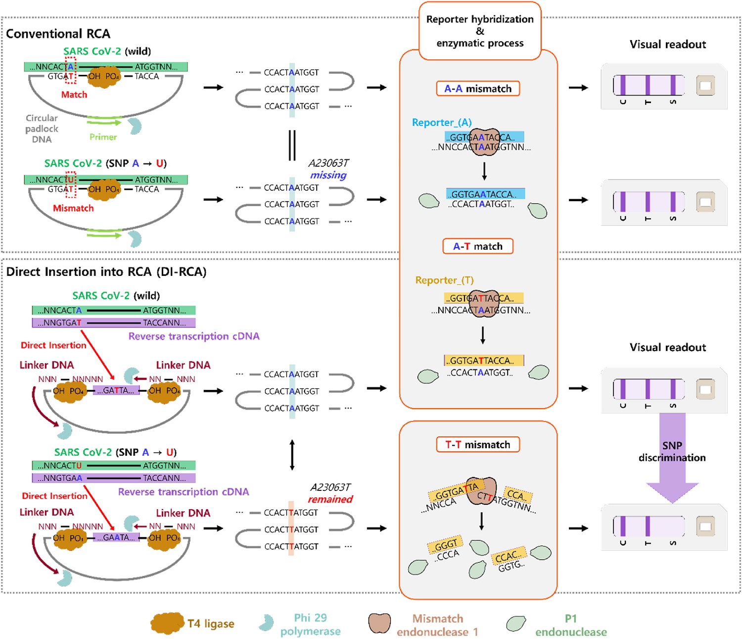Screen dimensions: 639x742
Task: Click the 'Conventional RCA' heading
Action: (x=58, y=34)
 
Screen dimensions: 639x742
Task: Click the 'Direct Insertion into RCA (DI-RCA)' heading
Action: (x=106, y=271)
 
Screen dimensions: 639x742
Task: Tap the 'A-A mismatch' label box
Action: (x=478, y=89)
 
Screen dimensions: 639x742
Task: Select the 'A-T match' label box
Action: (x=478, y=246)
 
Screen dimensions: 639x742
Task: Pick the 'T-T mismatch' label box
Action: (x=478, y=444)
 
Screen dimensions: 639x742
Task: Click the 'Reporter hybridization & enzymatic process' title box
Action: (x=480, y=31)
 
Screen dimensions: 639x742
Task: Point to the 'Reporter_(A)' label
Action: (x=442, y=122)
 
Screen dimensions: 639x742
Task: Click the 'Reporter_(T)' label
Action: (x=444, y=280)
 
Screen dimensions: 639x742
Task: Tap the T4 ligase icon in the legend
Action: (x=168, y=624)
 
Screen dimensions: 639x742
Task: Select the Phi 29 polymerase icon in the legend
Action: (x=266, y=623)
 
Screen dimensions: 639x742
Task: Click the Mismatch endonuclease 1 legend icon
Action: (x=379, y=624)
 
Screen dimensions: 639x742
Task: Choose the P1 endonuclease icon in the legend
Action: (x=516, y=624)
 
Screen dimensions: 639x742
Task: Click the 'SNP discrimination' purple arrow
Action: (x=672, y=456)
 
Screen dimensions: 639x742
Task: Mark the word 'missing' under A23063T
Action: (x=328, y=175)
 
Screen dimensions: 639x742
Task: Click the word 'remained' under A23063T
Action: (x=330, y=499)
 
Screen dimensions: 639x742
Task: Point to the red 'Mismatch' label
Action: (x=73, y=208)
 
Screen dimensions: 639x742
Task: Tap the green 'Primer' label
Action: (x=103, y=137)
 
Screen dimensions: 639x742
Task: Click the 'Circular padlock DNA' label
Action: (x=42, y=129)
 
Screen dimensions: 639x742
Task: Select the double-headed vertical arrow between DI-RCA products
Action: (x=292, y=455)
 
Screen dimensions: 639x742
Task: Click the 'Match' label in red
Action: (x=74, y=95)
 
